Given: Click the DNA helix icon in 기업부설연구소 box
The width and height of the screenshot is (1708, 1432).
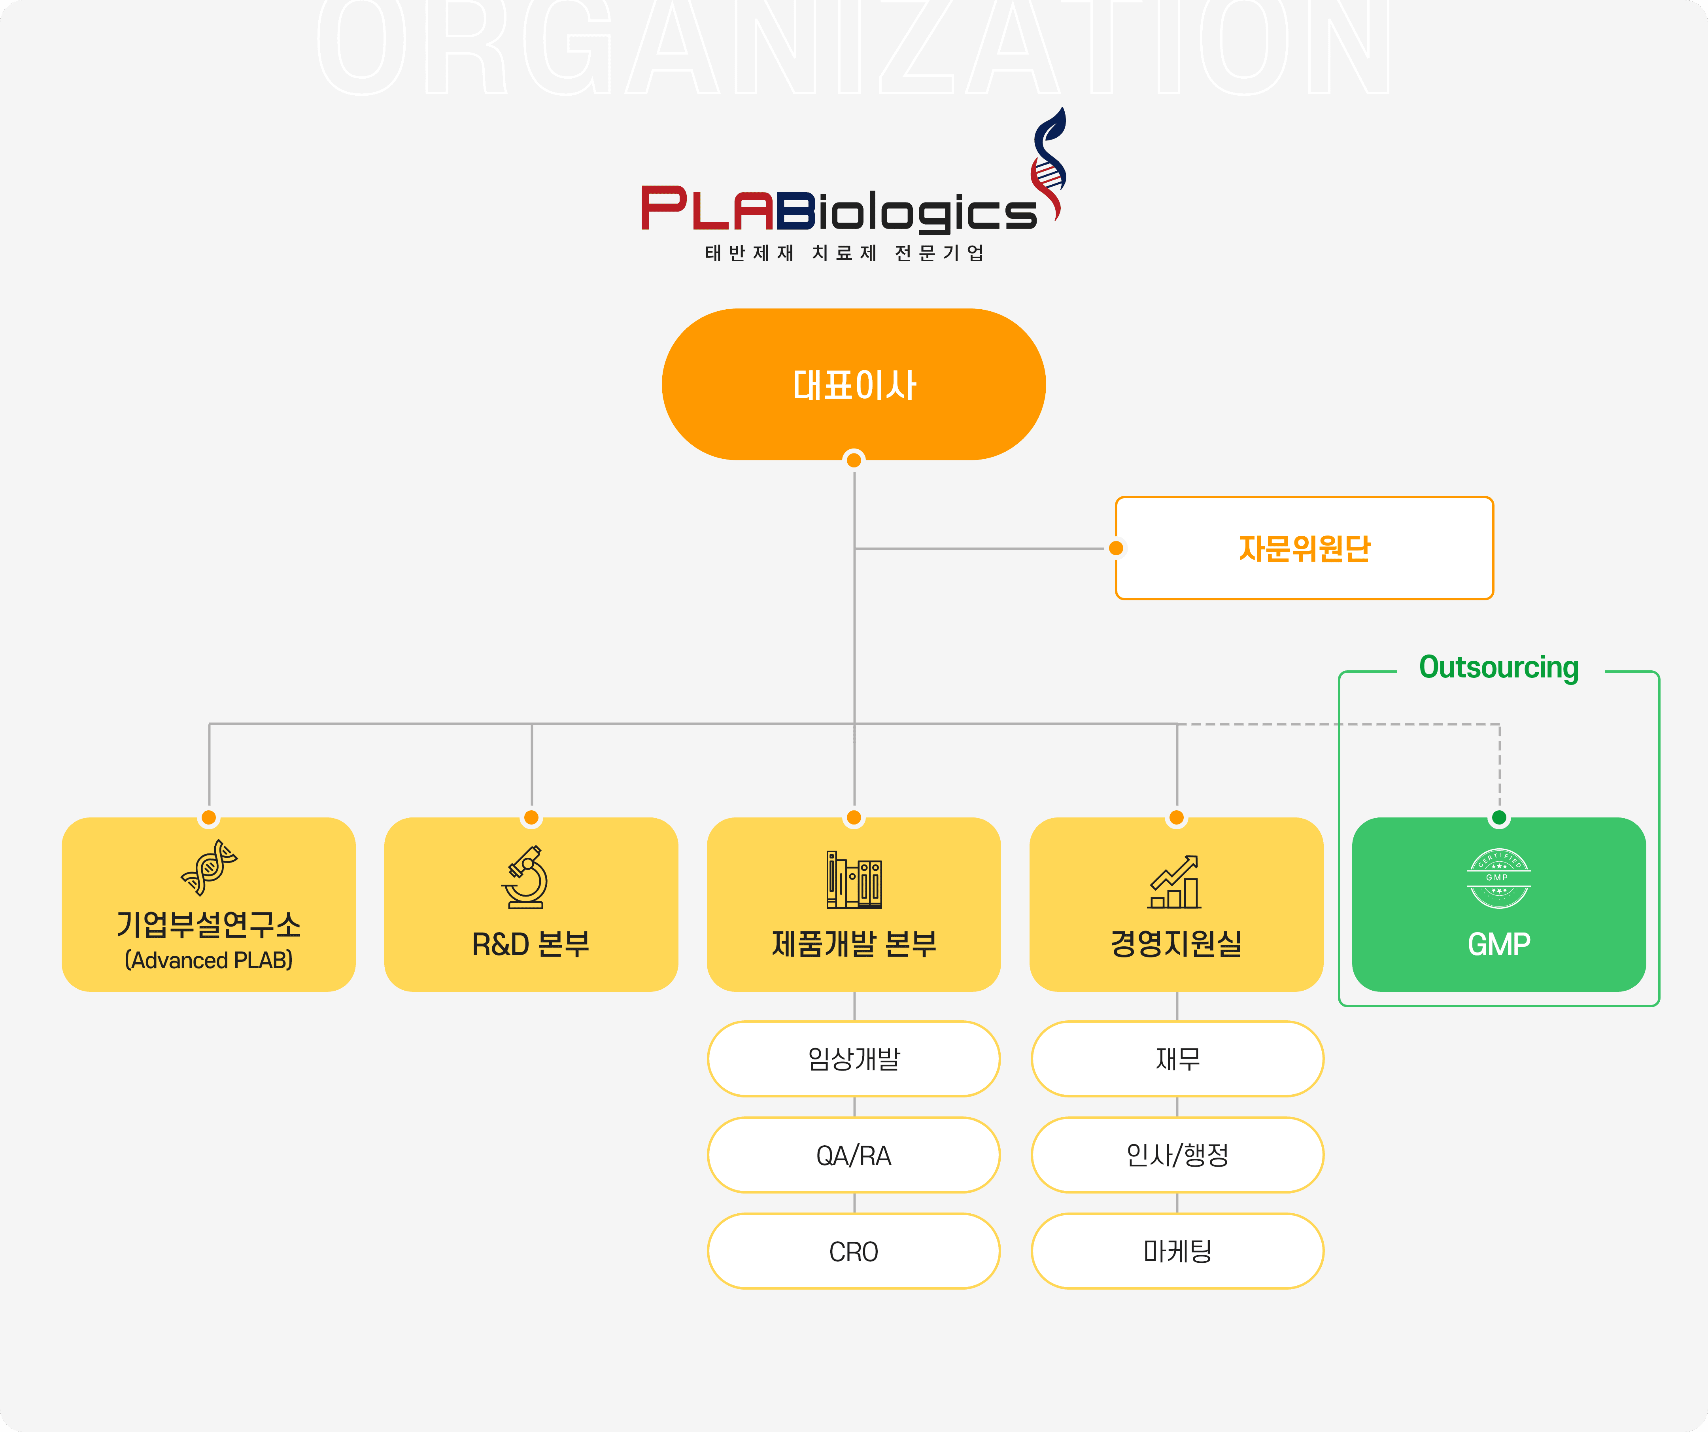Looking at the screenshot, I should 209,867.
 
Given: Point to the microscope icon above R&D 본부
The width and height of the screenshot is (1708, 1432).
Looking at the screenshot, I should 526,877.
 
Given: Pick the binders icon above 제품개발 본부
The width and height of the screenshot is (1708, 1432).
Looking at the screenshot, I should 854,880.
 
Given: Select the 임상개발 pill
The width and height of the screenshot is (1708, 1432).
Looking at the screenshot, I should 854,1059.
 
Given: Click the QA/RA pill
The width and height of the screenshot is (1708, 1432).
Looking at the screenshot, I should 854,1155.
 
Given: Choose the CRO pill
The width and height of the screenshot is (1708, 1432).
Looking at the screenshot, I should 854,1251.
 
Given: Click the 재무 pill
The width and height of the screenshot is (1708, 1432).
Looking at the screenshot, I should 1177,1059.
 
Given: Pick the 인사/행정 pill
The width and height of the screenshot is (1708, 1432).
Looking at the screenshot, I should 1177,1155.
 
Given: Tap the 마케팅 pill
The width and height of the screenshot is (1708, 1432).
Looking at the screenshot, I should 1177,1251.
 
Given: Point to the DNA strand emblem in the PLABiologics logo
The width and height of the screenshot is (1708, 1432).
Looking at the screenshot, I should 1049,163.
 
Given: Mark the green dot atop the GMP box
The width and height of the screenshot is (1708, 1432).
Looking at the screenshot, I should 1499,817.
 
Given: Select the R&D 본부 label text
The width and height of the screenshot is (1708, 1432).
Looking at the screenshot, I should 531,944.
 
